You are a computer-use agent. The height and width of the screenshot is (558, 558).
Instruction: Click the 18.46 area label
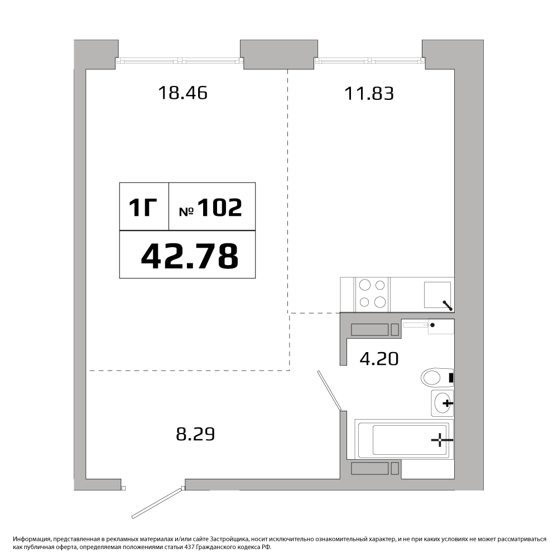[182, 93]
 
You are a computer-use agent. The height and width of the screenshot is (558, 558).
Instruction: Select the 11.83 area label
[369, 94]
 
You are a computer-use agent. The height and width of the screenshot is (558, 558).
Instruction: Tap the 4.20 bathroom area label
[379, 359]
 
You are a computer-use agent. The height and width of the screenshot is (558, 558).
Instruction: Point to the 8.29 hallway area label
[195, 434]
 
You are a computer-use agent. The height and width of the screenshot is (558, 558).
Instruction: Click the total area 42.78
[190, 256]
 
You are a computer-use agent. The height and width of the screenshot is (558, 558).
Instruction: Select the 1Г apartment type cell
[144, 207]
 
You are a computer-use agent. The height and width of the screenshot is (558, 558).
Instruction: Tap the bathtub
[404, 439]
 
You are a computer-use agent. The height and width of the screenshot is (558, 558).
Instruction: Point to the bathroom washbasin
[442, 403]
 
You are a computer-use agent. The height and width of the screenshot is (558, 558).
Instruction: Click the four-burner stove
[373, 294]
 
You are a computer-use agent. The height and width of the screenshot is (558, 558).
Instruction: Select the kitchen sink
[437, 295]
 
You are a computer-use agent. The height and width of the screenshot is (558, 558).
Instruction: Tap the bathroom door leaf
[330, 391]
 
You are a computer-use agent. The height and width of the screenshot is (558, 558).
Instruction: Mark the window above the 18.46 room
[180, 61]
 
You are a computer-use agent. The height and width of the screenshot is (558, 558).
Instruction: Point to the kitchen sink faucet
[448, 306]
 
